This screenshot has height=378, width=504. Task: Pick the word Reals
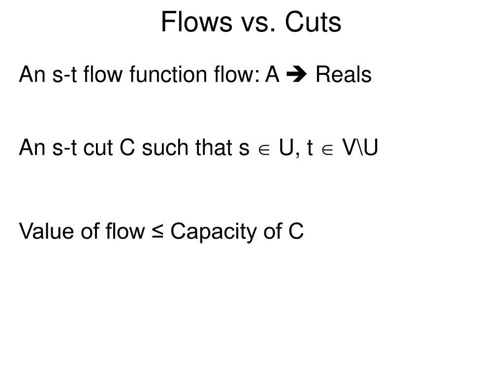(x=344, y=75)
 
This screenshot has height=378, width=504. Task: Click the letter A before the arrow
(x=272, y=75)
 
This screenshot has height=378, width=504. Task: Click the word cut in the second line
(x=100, y=148)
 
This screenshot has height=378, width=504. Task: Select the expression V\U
(x=360, y=148)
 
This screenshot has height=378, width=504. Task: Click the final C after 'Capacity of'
(x=296, y=231)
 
